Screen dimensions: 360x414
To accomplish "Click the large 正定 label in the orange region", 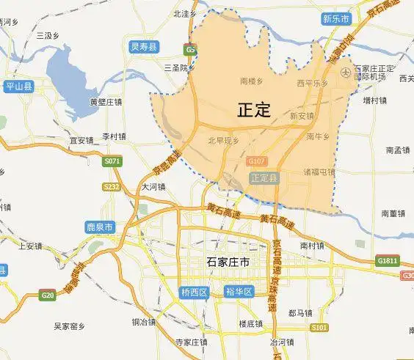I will tap(255, 111).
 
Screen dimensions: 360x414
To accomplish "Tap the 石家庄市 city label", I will tap(225, 262).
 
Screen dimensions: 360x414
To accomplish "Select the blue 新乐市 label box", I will tap(336, 18).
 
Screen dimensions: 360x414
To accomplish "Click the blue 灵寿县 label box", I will tap(144, 47).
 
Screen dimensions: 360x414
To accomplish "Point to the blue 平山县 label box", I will tap(19, 87).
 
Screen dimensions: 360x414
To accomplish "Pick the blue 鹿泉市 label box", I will tap(99, 227).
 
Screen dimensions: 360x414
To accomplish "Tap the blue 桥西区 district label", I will tap(195, 292).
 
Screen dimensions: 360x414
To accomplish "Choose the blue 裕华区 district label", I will tap(239, 292).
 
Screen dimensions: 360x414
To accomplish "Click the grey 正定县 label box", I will tap(264, 177).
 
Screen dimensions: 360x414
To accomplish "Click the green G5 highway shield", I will tap(191, 49).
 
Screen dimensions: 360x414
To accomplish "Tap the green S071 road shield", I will tap(112, 161).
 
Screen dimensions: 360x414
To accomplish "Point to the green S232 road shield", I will tap(112, 187).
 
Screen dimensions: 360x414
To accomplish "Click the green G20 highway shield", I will tap(48, 295).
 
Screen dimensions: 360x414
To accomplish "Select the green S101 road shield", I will tap(319, 327).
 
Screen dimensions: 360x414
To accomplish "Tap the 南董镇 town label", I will tap(393, 213).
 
